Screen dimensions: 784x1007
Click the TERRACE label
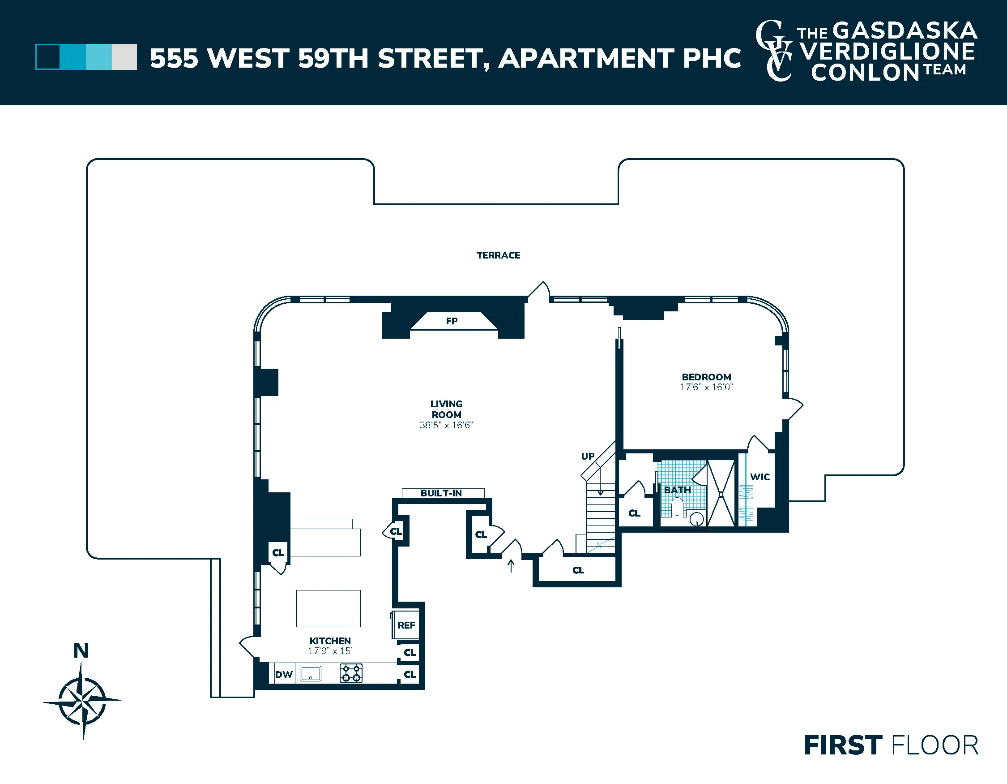(498, 255)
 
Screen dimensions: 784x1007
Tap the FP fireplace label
(452, 321)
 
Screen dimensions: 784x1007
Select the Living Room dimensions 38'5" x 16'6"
(446, 425)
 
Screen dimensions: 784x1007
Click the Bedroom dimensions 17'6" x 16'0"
(706, 387)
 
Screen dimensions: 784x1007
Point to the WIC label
(760, 477)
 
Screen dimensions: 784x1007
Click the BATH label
(677, 490)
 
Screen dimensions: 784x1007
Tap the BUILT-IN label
(441, 493)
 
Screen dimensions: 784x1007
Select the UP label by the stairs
(587, 456)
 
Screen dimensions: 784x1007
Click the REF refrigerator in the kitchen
(406, 625)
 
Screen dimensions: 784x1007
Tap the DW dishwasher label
(284, 674)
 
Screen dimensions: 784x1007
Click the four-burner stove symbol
(351, 673)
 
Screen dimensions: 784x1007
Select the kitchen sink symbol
(310, 673)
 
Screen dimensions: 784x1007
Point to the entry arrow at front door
(510, 566)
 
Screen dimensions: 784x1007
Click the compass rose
(82, 701)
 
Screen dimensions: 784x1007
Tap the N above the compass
(81, 650)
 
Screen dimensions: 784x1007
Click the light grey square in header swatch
(124, 57)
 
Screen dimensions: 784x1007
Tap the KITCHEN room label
(330, 641)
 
